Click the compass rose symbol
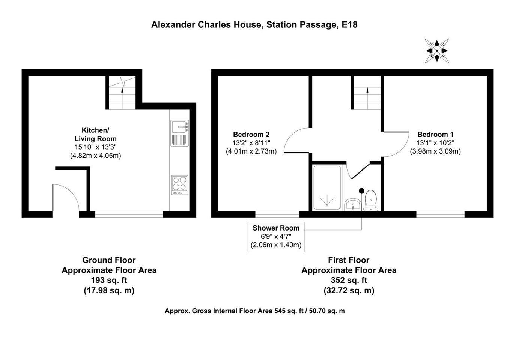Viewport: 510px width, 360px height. pyautogui.click(x=437, y=51)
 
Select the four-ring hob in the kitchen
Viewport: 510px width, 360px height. pyautogui.click(x=180, y=185)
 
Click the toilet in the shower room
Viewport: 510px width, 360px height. pyautogui.click(x=371, y=201)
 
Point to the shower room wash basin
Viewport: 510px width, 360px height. pyautogui.click(x=352, y=204)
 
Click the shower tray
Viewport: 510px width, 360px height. pyautogui.click(x=327, y=187)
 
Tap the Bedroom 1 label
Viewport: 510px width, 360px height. pyautogui.click(x=435, y=135)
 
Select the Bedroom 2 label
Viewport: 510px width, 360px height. pyautogui.click(x=251, y=134)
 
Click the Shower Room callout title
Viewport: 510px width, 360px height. pyautogui.click(x=276, y=228)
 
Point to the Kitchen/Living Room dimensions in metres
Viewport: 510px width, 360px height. pyautogui.click(x=95, y=156)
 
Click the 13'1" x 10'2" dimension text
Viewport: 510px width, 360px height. pyautogui.click(x=435, y=143)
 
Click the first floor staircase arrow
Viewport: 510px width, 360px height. pyautogui.click(x=367, y=98)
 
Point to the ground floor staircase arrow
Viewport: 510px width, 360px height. pyautogui.click(x=122, y=98)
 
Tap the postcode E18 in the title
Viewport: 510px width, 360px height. pyautogui.click(x=349, y=25)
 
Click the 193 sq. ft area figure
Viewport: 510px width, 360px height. pyautogui.click(x=109, y=280)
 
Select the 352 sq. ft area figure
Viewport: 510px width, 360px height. pyautogui.click(x=349, y=280)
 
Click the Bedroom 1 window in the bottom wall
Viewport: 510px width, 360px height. pyautogui.click(x=440, y=214)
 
